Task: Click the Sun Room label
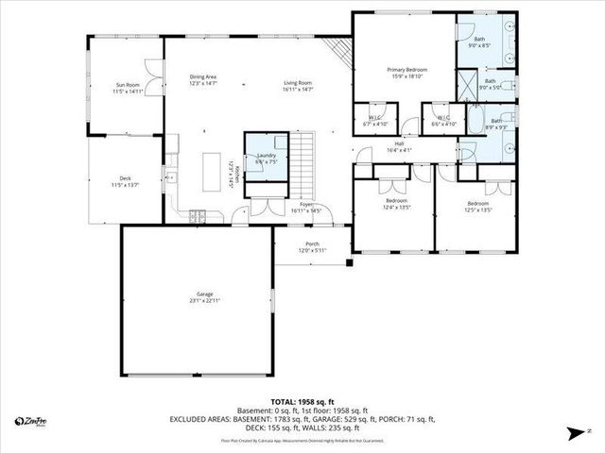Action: coord(127,88)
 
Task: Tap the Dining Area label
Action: coord(204,80)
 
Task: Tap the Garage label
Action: coord(198,299)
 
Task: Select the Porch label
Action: coord(311,246)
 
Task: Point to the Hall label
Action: coord(399,146)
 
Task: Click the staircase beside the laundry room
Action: coord(301,151)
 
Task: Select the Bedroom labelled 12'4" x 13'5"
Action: coord(397,206)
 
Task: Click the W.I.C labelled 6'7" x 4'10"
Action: coord(374,121)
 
